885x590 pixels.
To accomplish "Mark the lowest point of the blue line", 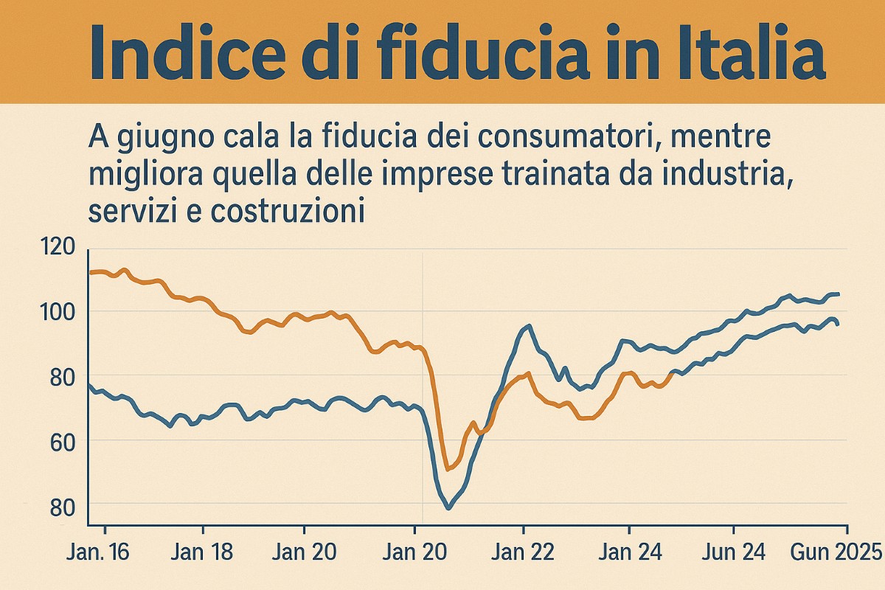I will click(448, 508).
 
